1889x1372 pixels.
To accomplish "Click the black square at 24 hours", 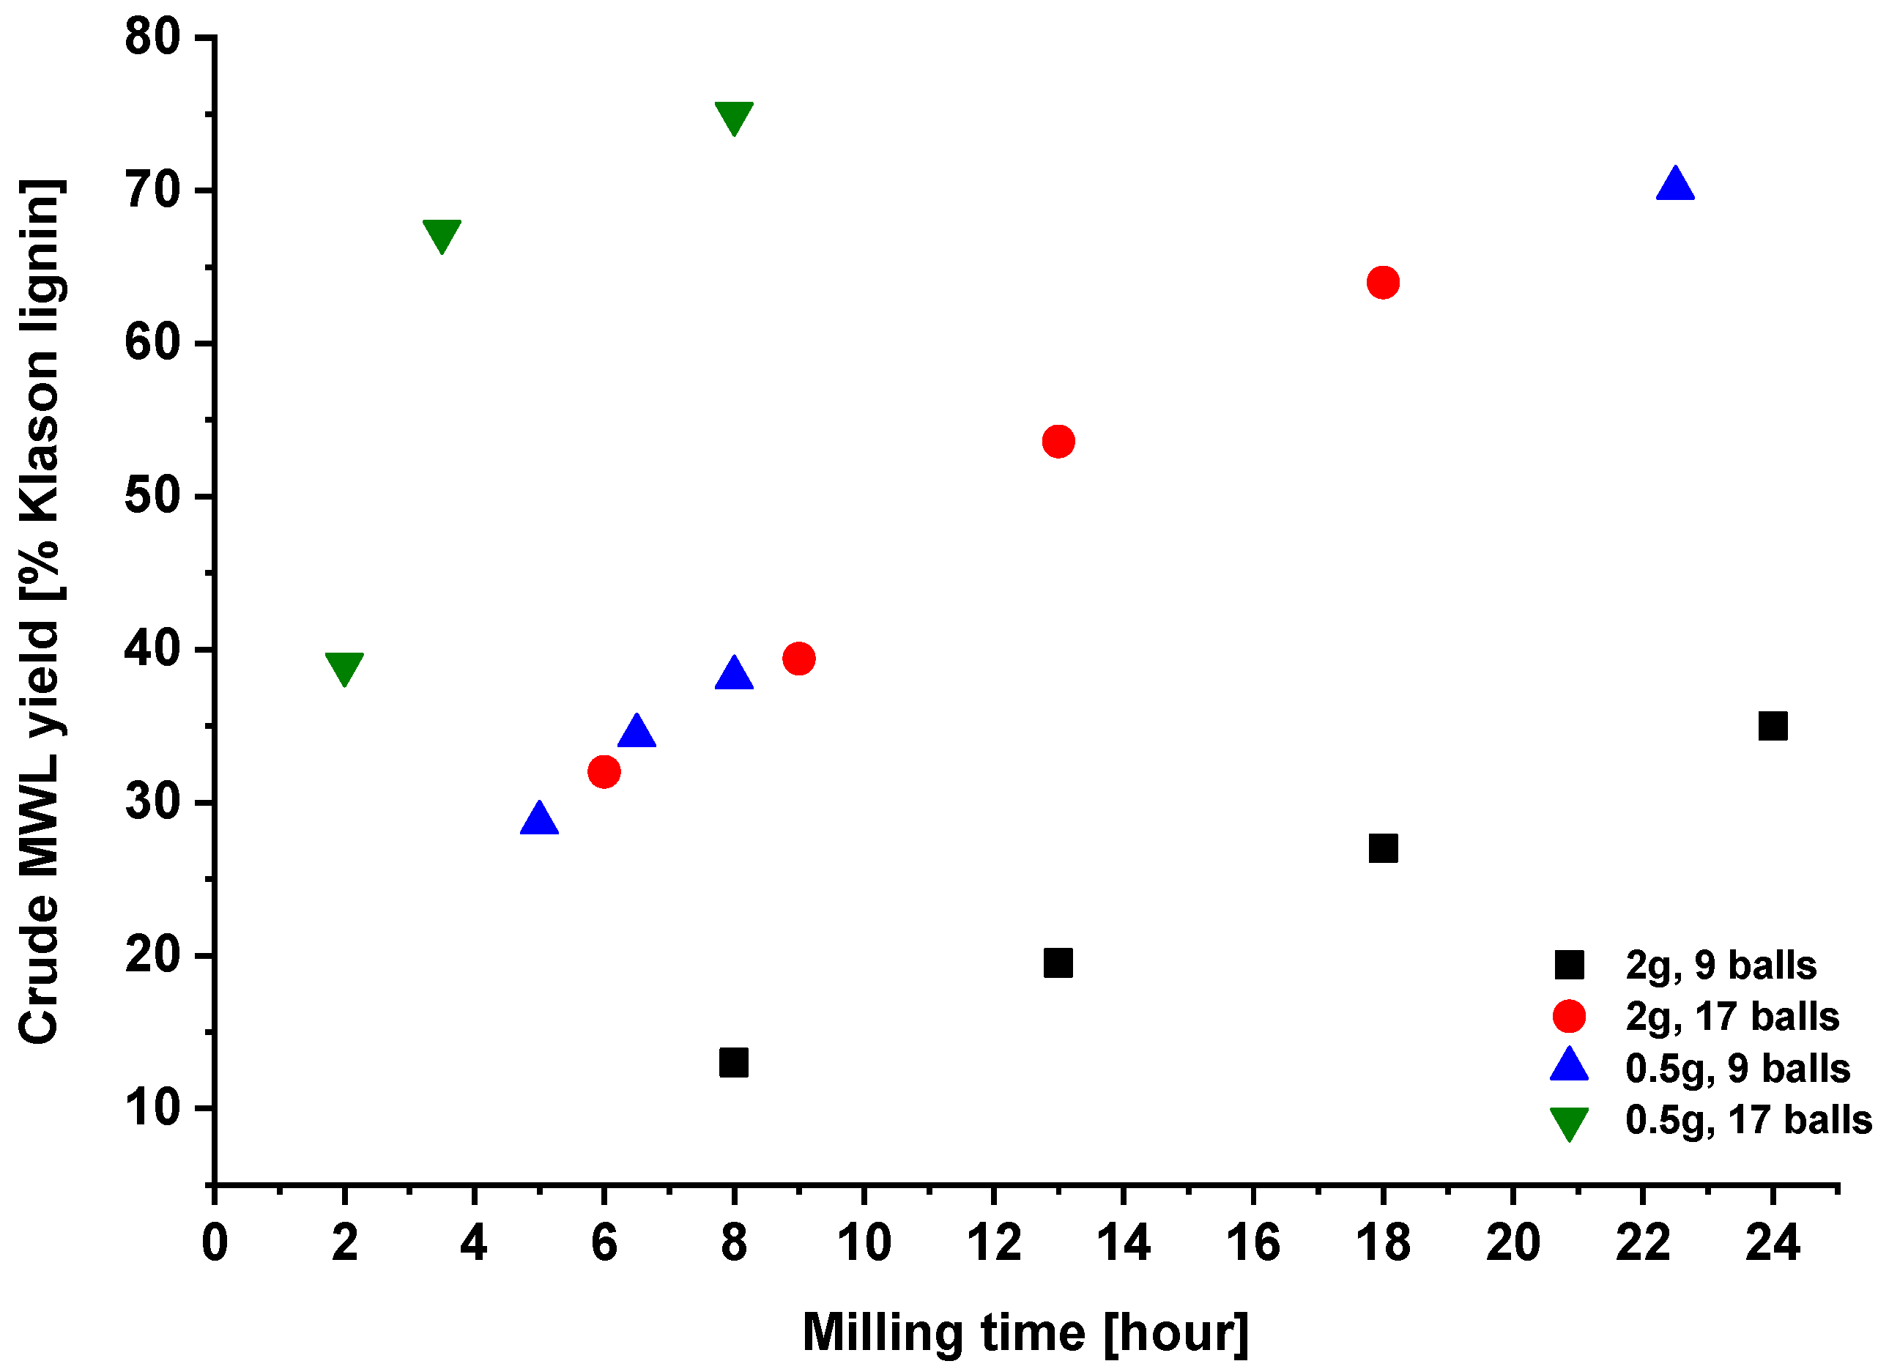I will pyautogui.click(x=1773, y=727).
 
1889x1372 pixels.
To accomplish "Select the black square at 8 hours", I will pyautogui.click(x=733, y=1063).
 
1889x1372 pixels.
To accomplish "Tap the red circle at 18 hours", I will pyautogui.click(x=1383, y=283).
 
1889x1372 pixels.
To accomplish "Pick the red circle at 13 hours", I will pyautogui.click(x=1058, y=441).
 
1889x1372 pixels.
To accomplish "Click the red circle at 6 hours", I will pyautogui.click(x=604, y=772).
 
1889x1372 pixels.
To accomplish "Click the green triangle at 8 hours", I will pyautogui.click(x=734, y=116).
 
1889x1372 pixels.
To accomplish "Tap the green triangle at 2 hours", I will pyautogui.click(x=344, y=667).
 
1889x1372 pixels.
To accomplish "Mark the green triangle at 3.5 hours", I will pyautogui.click(x=442, y=235).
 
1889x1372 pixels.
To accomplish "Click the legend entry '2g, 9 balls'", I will pyautogui.click(x=1721, y=965).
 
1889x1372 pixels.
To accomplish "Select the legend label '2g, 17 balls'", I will pyautogui.click(x=1732, y=1016).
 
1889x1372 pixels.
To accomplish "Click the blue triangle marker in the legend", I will pyautogui.click(x=1569, y=1067).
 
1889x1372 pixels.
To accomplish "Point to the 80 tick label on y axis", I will pyautogui.click(x=152, y=37).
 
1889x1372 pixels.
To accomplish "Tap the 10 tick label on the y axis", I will pyautogui.click(x=152, y=1108).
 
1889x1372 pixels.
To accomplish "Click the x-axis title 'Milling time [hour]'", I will pyautogui.click(x=1025, y=1333).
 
